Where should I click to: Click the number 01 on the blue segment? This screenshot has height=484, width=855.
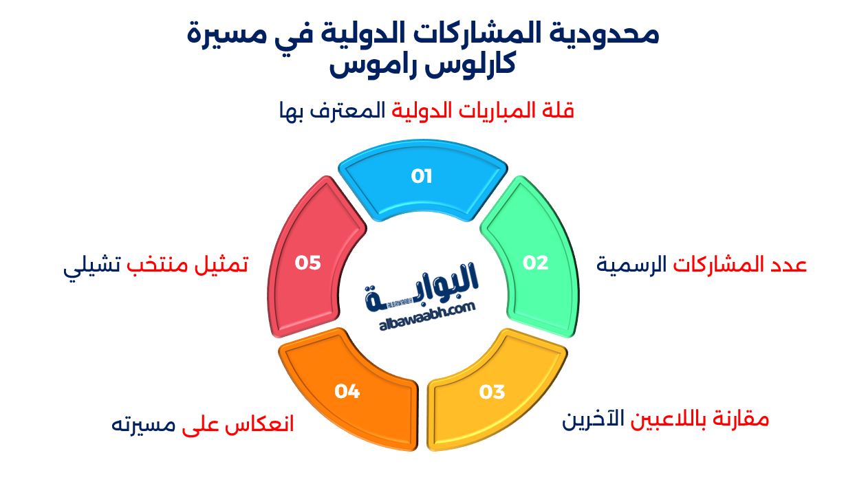[422, 177]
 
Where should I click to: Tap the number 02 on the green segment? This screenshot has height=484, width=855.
[535, 263]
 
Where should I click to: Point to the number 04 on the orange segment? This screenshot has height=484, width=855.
[347, 391]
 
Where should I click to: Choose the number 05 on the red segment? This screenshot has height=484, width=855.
[308, 263]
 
